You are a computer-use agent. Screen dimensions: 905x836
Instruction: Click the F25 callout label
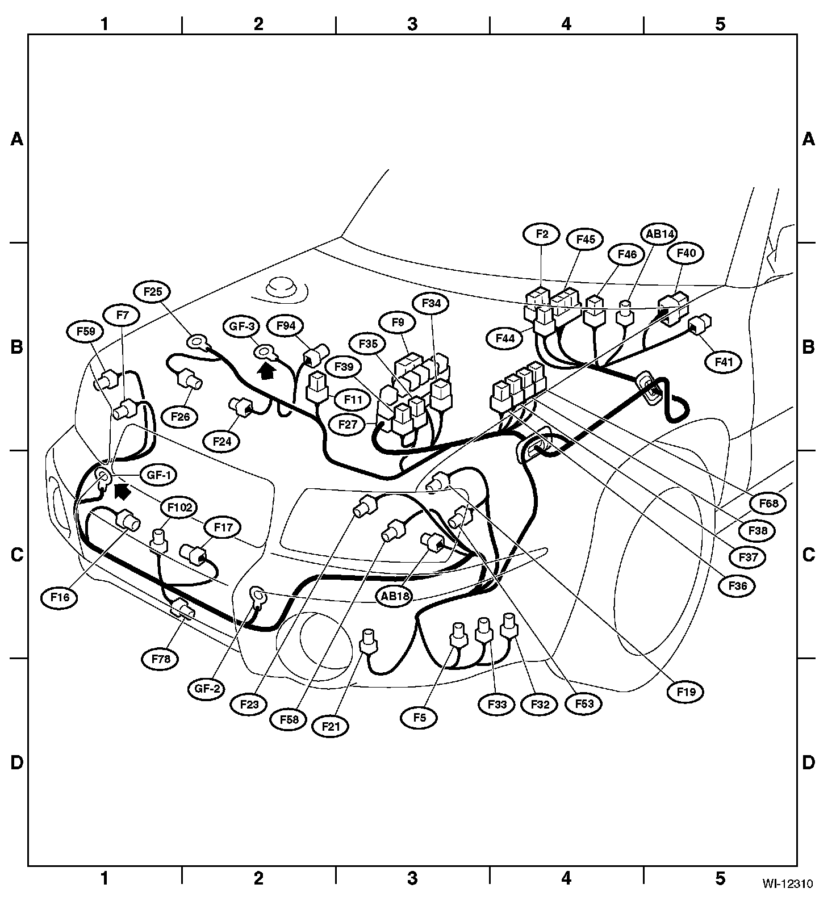pos(153,292)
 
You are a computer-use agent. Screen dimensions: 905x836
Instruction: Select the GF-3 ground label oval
pos(241,326)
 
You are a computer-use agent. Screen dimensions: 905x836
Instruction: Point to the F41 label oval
pos(723,362)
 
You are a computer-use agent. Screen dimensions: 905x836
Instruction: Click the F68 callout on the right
pos(768,503)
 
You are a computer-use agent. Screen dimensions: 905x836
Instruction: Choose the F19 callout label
pos(686,692)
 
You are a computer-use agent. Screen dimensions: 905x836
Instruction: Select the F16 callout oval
pos(62,597)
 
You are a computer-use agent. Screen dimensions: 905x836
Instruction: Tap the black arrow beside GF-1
pos(122,491)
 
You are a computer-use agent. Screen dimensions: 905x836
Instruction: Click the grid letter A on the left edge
pos(17,139)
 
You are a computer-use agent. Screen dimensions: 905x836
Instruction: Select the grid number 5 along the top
pos(720,24)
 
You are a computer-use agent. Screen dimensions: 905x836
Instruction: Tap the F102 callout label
pos(179,507)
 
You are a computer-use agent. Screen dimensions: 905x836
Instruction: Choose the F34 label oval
pos(431,304)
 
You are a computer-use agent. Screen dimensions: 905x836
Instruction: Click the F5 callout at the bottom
pos(419,718)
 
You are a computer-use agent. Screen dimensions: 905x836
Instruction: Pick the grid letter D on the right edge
pos(808,762)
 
